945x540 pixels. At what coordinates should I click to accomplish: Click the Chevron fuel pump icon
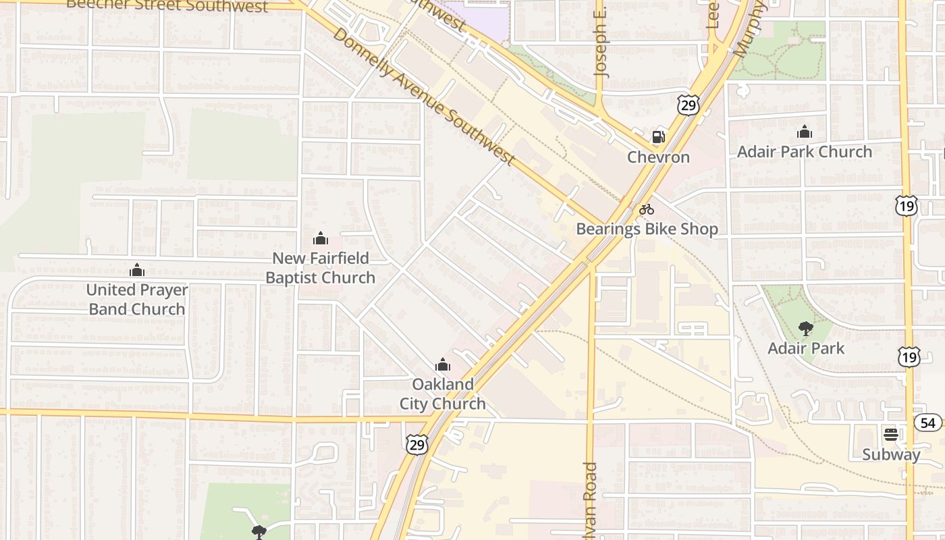click(x=658, y=137)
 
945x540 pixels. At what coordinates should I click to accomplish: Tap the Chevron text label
click(x=658, y=157)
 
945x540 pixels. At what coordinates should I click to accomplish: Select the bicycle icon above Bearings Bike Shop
click(x=647, y=209)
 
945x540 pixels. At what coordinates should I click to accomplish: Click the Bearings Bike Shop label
click(x=647, y=229)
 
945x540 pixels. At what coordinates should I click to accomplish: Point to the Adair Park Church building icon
click(x=804, y=132)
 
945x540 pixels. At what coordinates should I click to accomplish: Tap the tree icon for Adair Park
click(x=805, y=329)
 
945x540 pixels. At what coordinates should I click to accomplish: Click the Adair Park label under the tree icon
click(x=806, y=348)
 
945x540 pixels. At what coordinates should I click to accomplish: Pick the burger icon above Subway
click(x=891, y=434)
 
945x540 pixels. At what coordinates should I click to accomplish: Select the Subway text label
click(x=891, y=454)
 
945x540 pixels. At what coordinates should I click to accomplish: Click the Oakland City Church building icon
click(x=443, y=365)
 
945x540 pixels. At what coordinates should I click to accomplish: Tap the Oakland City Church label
click(x=443, y=394)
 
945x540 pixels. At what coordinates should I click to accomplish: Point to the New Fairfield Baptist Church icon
click(x=321, y=238)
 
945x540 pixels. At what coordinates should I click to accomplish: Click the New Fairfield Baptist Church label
click(x=320, y=268)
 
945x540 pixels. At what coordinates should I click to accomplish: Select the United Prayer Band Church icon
click(x=137, y=271)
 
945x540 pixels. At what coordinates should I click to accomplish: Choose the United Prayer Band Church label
click(x=137, y=300)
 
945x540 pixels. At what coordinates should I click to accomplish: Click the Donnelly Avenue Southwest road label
click(x=424, y=97)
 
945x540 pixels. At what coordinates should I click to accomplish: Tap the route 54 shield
click(x=929, y=423)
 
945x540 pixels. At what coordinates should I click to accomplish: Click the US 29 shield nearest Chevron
click(x=688, y=105)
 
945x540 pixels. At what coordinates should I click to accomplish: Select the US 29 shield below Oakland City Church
click(x=417, y=444)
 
